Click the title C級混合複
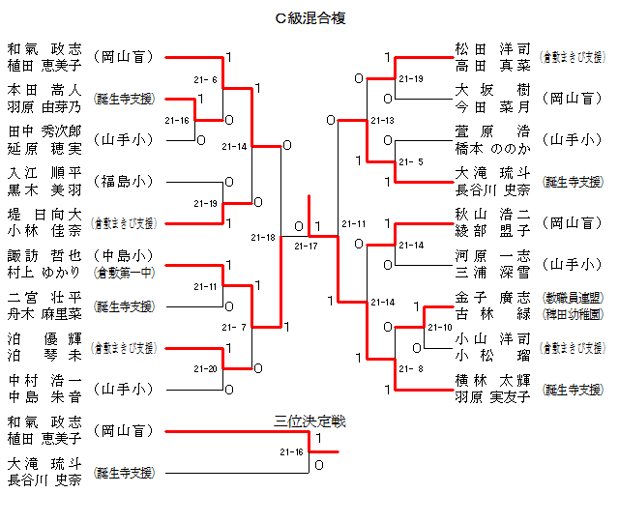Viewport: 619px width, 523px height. (310, 18)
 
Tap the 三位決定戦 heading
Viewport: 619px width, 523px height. (309, 421)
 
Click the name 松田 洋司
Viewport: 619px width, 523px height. (492, 48)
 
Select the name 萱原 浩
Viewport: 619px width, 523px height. (492, 131)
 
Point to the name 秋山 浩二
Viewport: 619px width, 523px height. (492, 215)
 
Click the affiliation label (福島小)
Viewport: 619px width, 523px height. (124, 181)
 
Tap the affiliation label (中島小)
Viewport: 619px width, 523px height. (124, 256)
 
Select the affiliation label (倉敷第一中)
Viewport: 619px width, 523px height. (124, 272)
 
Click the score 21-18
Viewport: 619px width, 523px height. (262, 237)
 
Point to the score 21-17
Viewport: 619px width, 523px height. (306, 247)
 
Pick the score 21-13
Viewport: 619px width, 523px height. (382, 121)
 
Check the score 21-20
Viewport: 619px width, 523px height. (205, 369)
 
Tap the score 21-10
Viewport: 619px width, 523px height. (440, 328)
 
